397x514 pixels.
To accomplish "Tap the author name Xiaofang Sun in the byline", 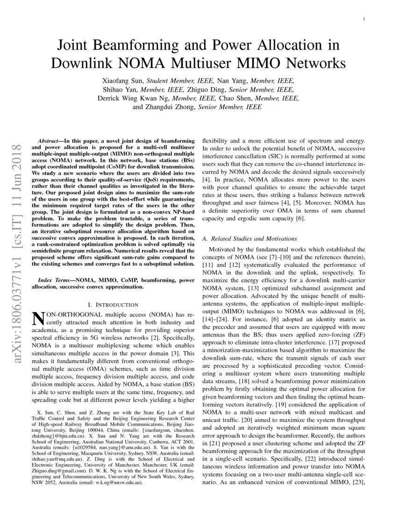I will click(127, 80).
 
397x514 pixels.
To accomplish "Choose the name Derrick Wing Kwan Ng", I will click(134, 98).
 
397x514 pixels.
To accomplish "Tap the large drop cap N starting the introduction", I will click(37, 319).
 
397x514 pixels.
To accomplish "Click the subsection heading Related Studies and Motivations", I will click(253, 239).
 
